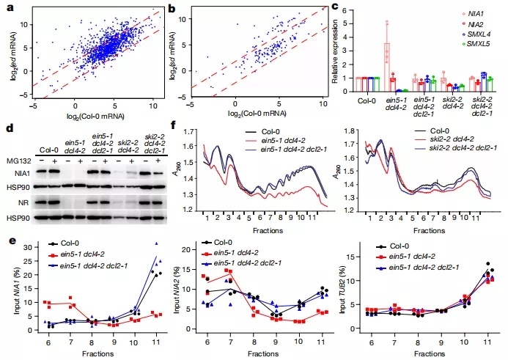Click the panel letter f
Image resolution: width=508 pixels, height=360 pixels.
[172, 125]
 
